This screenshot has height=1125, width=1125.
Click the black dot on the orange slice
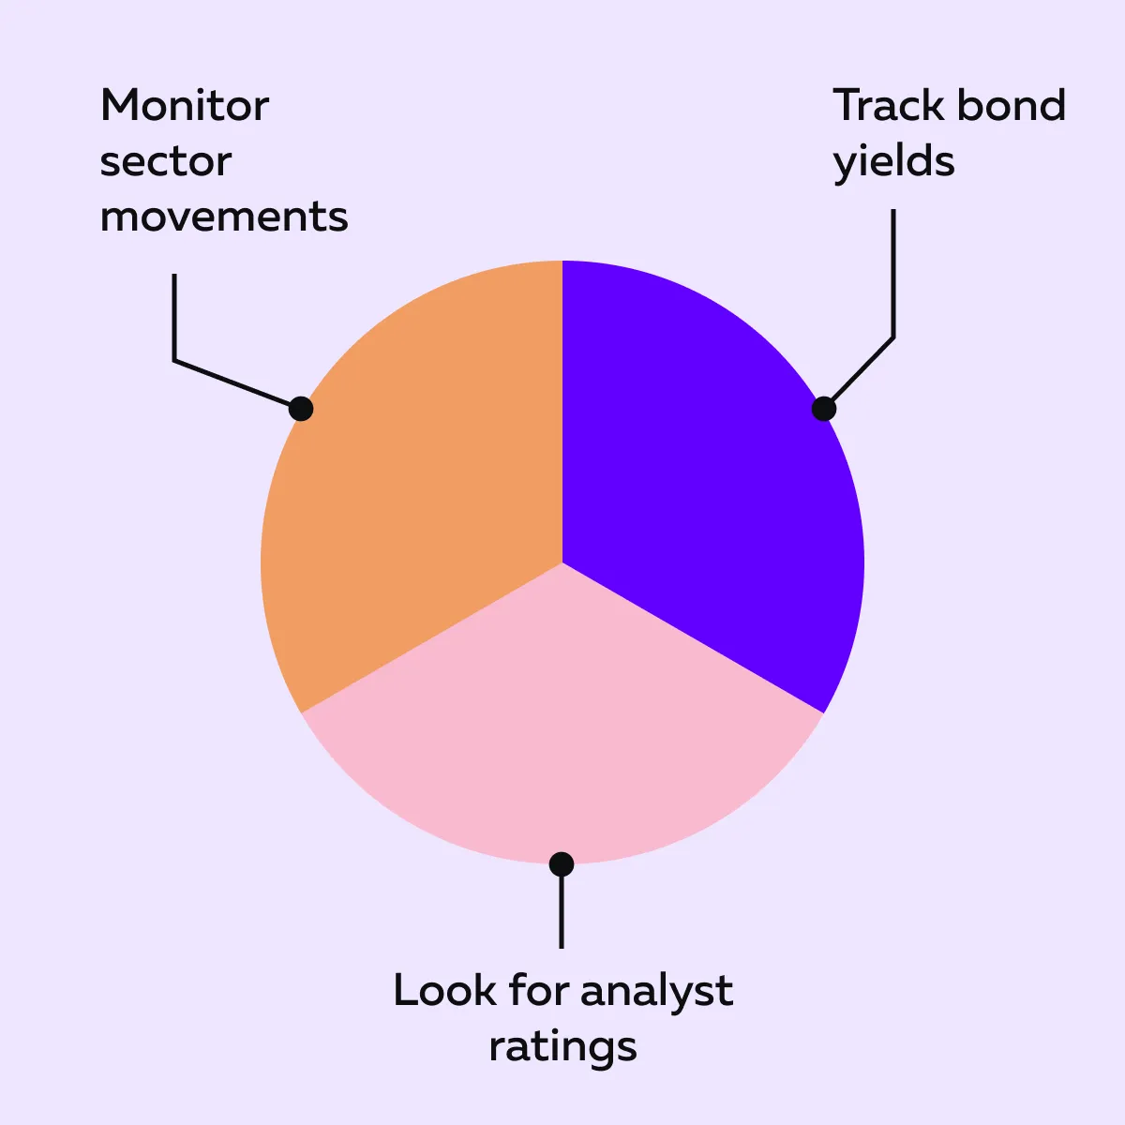301,409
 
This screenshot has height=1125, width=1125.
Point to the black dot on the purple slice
824,409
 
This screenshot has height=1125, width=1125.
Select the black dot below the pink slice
562,864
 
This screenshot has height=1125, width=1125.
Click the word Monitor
185,106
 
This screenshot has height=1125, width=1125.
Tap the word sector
166,161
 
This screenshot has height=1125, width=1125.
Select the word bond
1012,105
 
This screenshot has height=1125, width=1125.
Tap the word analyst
657,993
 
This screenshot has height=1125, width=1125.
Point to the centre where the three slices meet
562,562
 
